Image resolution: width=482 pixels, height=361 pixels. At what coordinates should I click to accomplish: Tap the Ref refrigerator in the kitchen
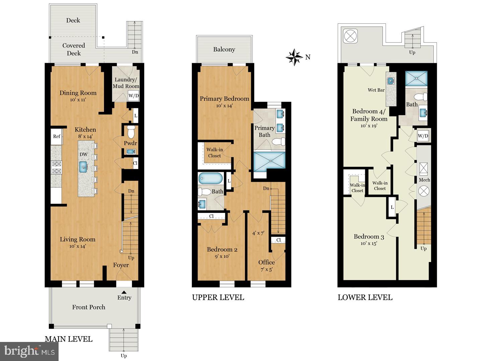pyautogui.click(x=57, y=136)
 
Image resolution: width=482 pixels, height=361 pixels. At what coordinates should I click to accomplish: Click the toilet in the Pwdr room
pyautogui.click(x=131, y=132)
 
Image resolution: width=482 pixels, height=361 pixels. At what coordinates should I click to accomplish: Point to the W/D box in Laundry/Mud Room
pyautogui.click(x=134, y=96)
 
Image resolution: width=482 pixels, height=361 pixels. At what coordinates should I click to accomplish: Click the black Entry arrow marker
pyautogui.click(x=124, y=292)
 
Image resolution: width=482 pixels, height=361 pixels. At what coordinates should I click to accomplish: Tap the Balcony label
pyautogui.click(x=224, y=49)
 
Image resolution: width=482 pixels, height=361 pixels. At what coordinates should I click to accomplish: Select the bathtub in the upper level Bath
pyautogui.click(x=210, y=178)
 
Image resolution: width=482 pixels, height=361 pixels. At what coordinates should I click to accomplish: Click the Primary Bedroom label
pyautogui.click(x=224, y=99)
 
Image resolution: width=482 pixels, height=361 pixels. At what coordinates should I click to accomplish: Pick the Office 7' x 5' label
pyautogui.click(x=266, y=266)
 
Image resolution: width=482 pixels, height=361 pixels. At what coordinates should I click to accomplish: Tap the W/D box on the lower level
pyautogui.click(x=423, y=136)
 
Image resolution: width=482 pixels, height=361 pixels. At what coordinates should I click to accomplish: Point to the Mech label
pyautogui.click(x=424, y=180)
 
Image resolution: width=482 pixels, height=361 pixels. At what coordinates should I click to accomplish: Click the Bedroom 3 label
pyautogui.click(x=369, y=237)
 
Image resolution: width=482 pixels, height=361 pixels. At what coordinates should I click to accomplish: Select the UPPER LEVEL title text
pyautogui.click(x=218, y=297)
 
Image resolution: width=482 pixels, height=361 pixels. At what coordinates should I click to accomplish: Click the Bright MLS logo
pyautogui.click(x=29, y=351)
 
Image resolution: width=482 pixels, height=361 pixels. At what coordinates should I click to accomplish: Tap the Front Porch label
pyautogui.click(x=89, y=307)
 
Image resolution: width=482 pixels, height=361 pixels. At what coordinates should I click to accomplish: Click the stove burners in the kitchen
pyautogui.click(x=56, y=167)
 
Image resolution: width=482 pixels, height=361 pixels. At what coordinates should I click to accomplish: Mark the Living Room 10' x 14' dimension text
pyautogui.click(x=78, y=246)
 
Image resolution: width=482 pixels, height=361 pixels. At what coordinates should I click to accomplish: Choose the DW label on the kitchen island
pyautogui.click(x=83, y=154)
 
